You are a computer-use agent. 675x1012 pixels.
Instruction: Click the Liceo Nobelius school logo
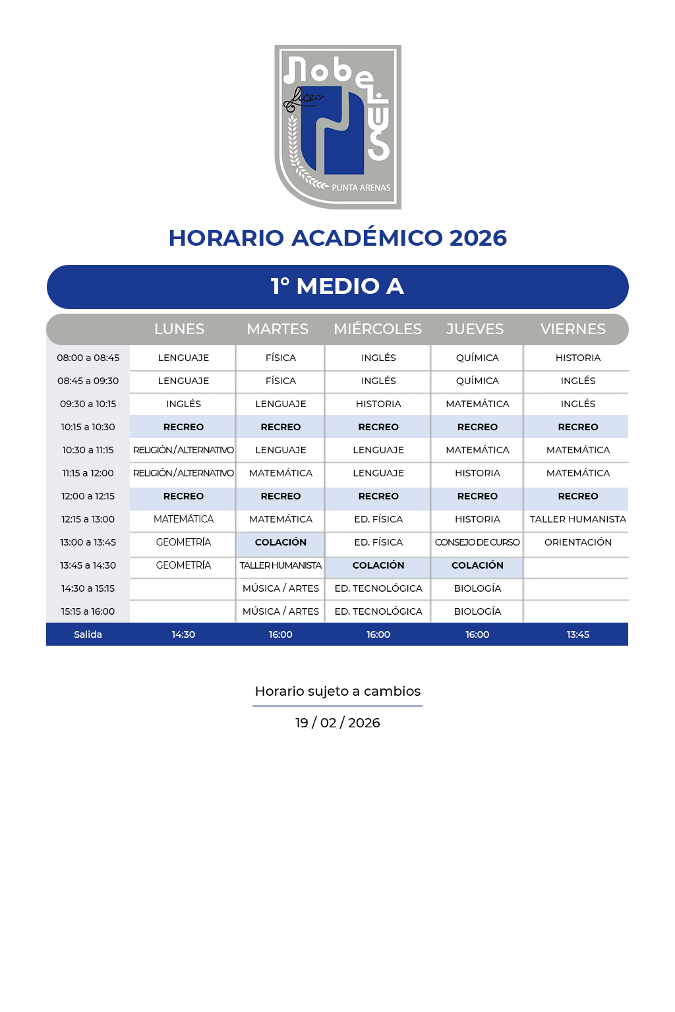[337, 126]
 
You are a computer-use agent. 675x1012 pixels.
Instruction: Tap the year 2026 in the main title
[478, 238]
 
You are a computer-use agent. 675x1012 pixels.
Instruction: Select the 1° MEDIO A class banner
[337, 287]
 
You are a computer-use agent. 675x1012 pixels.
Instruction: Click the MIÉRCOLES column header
[378, 329]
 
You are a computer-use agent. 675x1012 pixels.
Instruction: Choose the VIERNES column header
[573, 329]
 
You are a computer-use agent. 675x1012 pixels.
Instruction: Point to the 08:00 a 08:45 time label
[88, 358]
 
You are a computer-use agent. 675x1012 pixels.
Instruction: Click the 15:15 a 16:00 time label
[88, 611]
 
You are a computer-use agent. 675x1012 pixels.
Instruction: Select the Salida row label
[88, 634]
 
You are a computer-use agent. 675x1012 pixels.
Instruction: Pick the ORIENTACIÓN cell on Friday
[578, 542]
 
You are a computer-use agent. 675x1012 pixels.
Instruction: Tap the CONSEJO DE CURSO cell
[477, 542]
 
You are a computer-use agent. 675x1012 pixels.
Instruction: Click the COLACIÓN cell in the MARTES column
[281, 542]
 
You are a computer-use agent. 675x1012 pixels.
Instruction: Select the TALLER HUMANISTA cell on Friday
[578, 519]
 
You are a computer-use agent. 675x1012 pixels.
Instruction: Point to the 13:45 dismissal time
[578, 634]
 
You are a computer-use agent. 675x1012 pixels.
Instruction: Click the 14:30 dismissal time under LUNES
[183, 634]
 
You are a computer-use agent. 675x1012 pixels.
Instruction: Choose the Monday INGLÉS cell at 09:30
[183, 404]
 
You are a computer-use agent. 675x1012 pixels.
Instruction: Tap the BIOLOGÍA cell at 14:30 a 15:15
[477, 588]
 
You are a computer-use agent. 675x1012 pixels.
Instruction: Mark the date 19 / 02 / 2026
[337, 723]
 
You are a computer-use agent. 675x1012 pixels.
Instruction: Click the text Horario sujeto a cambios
[337, 691]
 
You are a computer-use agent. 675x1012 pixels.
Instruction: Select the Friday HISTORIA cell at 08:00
[578, 358]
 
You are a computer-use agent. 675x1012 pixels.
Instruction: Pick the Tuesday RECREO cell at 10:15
[281, 427]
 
